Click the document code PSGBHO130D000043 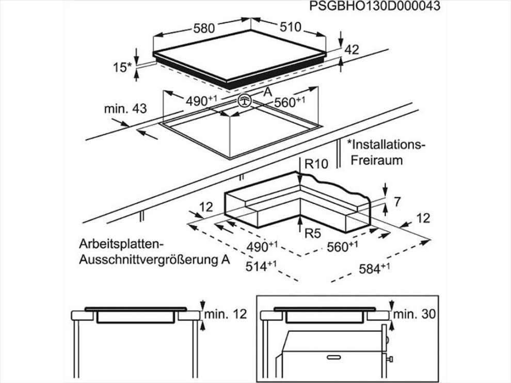(374, 6)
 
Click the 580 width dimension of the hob (204, 28)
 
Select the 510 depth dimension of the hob (291, 27)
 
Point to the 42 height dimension (352, 50)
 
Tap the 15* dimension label (122, 68)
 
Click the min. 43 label (125, 108)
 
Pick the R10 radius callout (316, 164)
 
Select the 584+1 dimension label (374, 268)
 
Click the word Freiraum (377, 161)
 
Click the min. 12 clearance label (226, 314)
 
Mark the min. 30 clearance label (414, 314)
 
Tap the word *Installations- (386, 145)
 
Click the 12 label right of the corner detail (423, 218)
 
